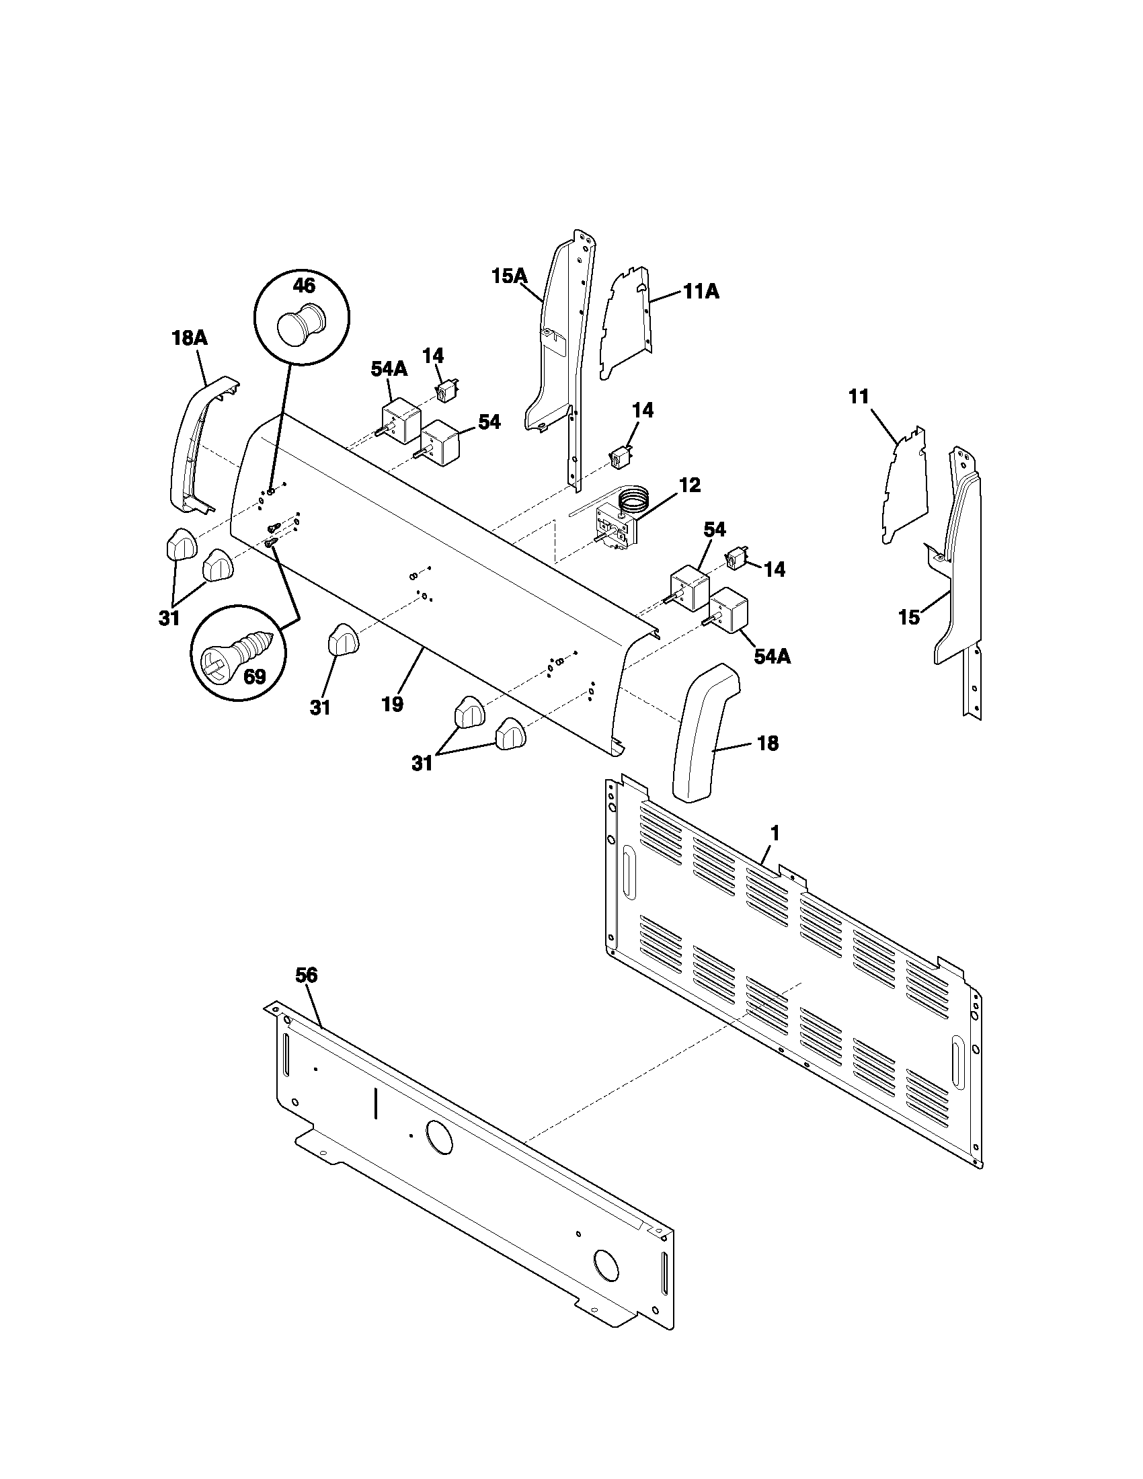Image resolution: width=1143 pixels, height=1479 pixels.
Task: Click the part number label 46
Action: (x=303, y=286)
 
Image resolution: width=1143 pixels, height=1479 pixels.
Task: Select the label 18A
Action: (x=189, y=339)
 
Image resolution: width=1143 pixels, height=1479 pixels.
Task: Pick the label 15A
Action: (x=508, y=276)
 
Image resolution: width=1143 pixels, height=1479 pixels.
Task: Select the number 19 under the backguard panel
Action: (x=392, y=705)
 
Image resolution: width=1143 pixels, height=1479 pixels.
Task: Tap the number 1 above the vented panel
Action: (x=775, y=834)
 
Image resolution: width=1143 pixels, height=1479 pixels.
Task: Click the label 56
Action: (x=306, y=975)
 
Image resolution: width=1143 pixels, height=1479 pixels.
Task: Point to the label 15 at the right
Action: (x=910, y=618)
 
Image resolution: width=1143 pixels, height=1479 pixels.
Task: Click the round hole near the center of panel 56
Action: (x=439, y=1136)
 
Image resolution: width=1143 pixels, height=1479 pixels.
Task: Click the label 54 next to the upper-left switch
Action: (x=489, y=422)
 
